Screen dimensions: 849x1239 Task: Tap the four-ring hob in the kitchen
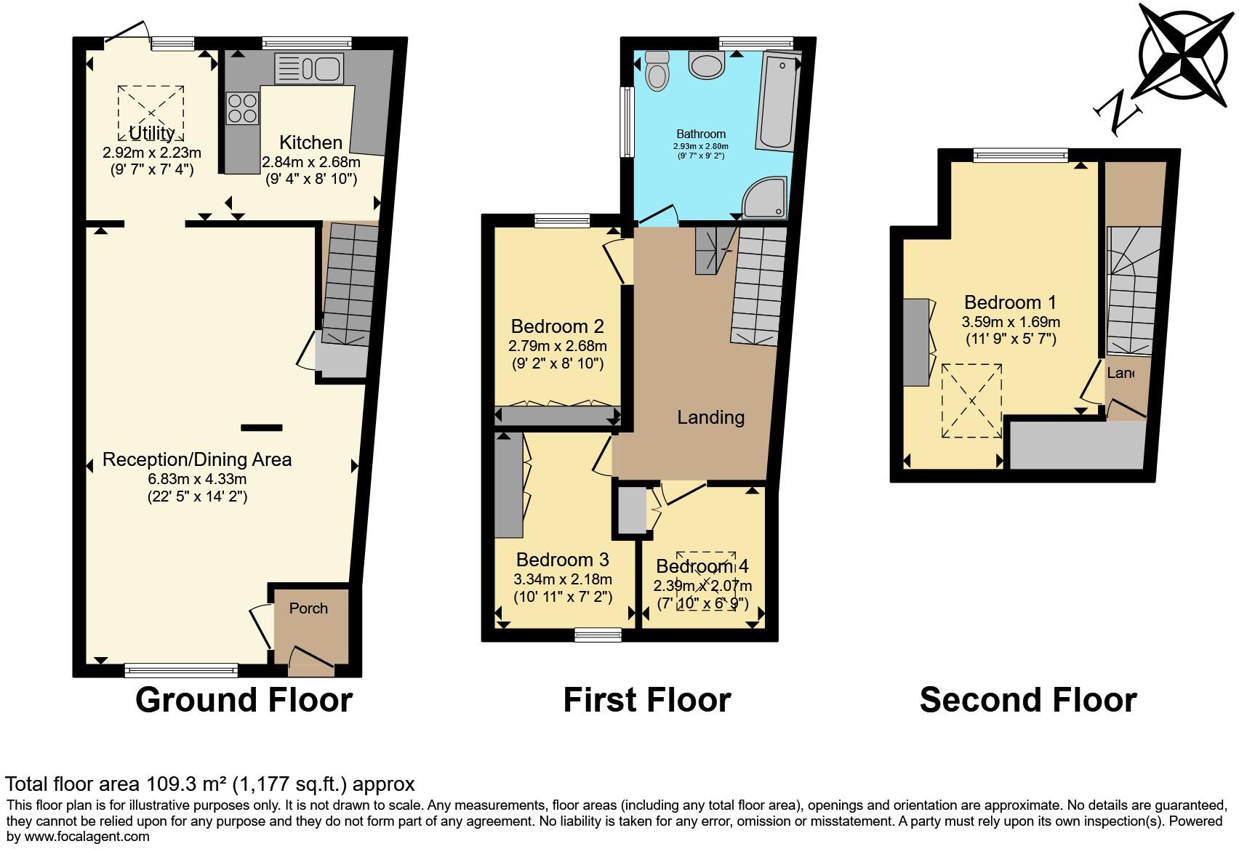pos(243,108)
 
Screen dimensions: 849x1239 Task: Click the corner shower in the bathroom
pos(766,198)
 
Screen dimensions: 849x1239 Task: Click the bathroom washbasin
pos(705,65)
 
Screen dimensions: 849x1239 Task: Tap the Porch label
pos(308,608)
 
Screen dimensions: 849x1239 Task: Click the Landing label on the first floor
pos(710,417)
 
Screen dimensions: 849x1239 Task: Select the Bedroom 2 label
pos(557,326)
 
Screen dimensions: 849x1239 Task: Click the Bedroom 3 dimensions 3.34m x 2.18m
pos(563,579)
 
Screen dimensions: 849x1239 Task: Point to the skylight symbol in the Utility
pos(151,113)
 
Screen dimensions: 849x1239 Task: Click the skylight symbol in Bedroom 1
pos(971,401)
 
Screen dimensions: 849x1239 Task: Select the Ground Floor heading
pos(244,699)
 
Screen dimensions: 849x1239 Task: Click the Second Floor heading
pos(1027,699)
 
